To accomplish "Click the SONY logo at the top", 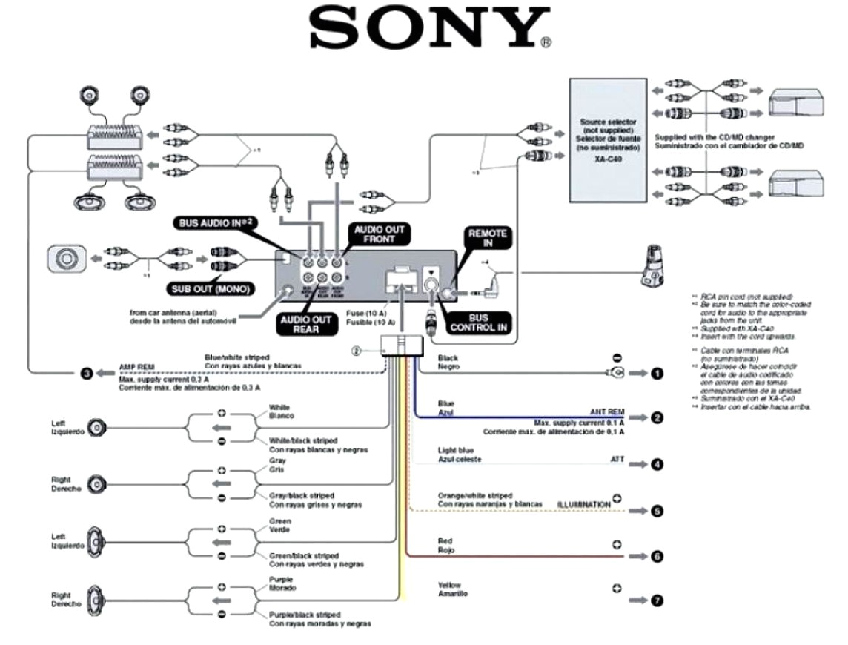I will (x=430, y=30).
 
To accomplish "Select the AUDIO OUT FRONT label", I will (x=380, y=235).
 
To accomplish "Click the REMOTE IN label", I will (x=487, y=239).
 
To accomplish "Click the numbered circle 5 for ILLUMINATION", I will (x=656, y=511).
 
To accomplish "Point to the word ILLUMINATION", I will (x=584, y=505).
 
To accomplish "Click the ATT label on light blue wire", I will (x=617, y=460).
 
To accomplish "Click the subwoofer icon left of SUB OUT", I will (x=64, y=259).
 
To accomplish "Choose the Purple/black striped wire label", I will (x=305, y=615).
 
